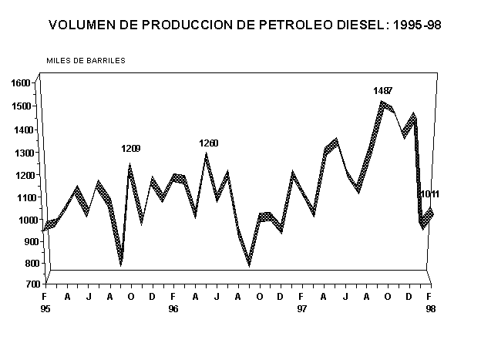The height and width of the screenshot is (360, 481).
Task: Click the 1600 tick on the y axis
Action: click(x=21, y=83)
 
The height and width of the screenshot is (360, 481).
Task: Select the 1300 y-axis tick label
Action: click(x=21, y=153)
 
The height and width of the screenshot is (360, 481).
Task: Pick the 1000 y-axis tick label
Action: click(x=21, y=220)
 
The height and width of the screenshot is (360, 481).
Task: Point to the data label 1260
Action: click(x=209, y=143)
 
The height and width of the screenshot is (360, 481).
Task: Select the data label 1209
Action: click(x=130, y=149)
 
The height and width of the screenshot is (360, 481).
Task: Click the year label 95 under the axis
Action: click(x=45, y=308)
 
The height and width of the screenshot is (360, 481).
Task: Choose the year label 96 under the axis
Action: click(x=173, y=308)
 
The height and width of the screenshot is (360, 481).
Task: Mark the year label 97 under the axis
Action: click(x=301, y=308)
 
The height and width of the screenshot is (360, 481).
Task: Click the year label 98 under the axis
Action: click(x=429, y=308)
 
